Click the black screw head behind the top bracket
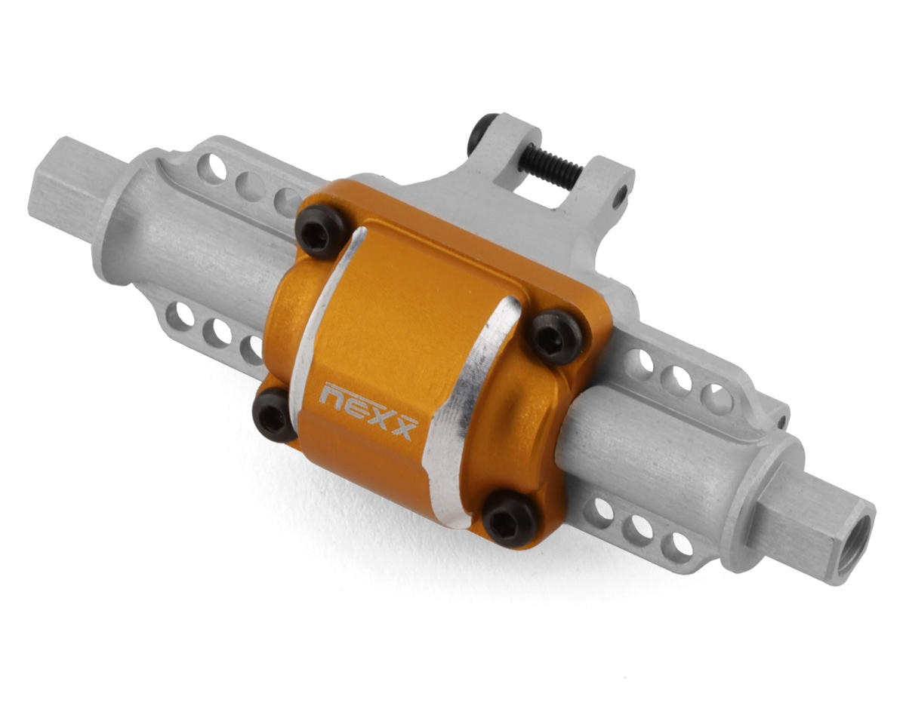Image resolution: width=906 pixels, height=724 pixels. tap(480, 132)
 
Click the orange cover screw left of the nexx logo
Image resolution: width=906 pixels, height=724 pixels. tap(273, 414)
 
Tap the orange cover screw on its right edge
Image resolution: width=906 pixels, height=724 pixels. tap(555, 336)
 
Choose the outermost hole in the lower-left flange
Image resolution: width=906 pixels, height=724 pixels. tap(179, 315)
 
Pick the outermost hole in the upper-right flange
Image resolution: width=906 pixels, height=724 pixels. tap(716, 398)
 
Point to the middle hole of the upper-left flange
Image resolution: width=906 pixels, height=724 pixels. tap(250, 185)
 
